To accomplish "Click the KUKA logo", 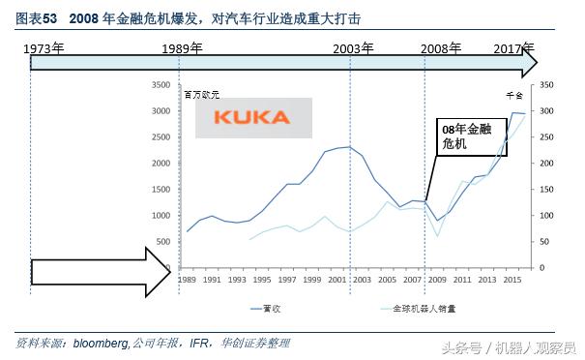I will point(251,117).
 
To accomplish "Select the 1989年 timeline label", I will point(183,47).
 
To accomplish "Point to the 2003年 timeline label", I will point(354,47).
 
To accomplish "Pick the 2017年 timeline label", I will point(513,47).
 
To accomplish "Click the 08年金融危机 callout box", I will point(460,136).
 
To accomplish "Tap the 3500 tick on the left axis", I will point(161,85).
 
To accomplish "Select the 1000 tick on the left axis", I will point(161,215).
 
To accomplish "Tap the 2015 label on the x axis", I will point(517,279).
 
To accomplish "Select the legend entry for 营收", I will point(264,310).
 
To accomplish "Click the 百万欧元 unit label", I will point(202,95).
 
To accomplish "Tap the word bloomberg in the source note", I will point(100,343).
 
